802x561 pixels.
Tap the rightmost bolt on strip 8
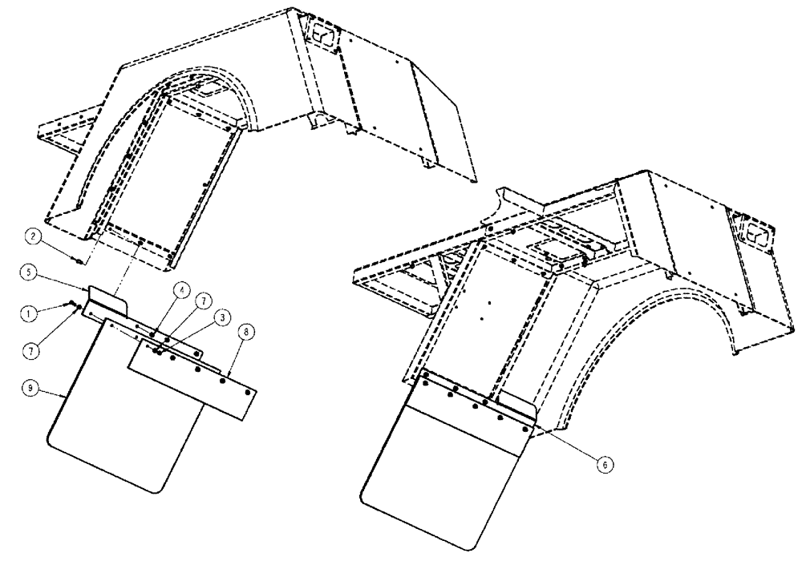point(249,392)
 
